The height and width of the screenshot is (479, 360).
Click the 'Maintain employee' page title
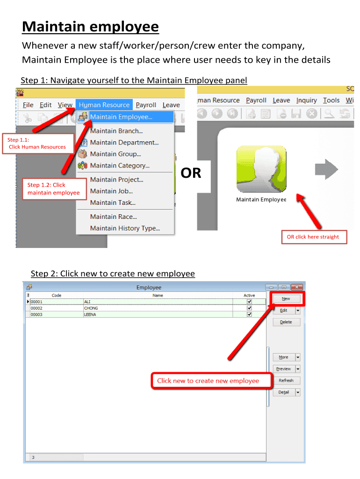pos(90,27)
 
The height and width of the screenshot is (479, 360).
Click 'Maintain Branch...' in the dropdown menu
pos(116,131)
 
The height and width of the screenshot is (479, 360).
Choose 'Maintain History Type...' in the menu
pos(125,228)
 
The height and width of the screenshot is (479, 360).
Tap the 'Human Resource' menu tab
pos(104,105)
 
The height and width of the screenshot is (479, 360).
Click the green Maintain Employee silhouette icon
pos(261,168)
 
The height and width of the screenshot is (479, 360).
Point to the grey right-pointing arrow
pos(326,169)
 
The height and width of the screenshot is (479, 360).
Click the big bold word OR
pos(191,173)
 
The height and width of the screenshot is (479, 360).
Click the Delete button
pos(286,322)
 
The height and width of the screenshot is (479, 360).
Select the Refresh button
pos(286,380)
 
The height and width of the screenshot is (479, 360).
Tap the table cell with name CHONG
pos(158,308)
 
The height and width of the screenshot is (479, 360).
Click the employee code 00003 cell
pos(57,314)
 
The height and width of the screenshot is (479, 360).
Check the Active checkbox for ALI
pos(249,302)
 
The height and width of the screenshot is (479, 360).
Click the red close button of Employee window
pos(296,287)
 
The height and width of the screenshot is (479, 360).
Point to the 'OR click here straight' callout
pos(314,237)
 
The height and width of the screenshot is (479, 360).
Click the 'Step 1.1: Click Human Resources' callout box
pos(38,144)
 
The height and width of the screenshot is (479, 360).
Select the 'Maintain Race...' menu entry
pos(113,217)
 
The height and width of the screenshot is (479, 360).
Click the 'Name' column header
pos(158,296)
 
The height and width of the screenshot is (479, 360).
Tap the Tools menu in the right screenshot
pos(331,100)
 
